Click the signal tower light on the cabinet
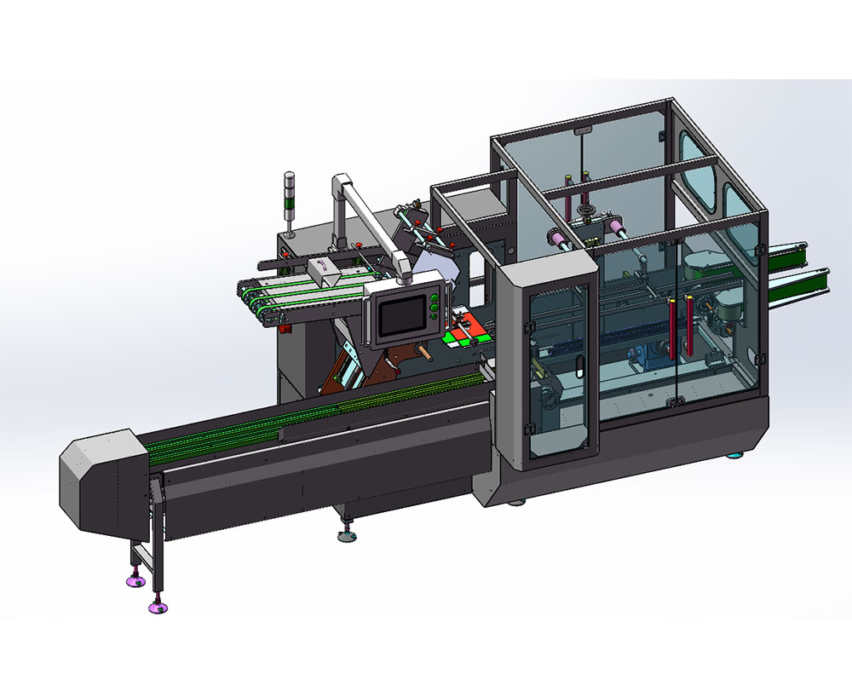(x=289, y=200)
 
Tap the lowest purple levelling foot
(x=158, y=608)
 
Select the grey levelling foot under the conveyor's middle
(x=348, y=536)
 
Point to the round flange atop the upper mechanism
(x=587, y=208)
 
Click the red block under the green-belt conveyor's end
(x=284, y=324)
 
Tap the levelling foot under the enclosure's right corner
(x=733, y=454)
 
